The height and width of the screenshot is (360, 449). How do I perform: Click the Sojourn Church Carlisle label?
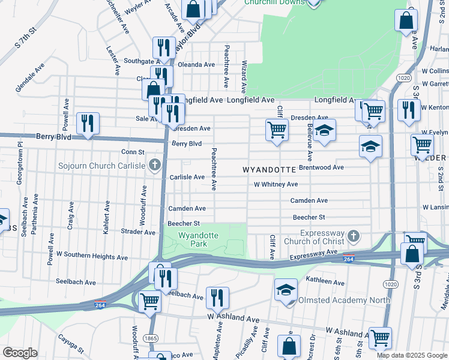coord(101,166)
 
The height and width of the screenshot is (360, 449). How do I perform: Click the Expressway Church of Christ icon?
coord(354,236)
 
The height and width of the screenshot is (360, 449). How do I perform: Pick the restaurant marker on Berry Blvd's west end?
coord(88,123)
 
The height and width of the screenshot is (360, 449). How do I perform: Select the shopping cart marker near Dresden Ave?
coord(277,129)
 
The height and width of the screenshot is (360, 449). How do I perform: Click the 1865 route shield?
coord(151,339)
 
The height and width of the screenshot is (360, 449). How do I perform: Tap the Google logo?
coord(20,353)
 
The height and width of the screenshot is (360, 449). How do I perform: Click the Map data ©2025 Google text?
coord(412,355)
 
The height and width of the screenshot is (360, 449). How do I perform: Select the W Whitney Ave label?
coord(276,185)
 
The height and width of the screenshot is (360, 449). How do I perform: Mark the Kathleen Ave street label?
coord(324,281)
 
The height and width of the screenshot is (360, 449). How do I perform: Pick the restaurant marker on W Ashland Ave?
coord(217,297)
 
